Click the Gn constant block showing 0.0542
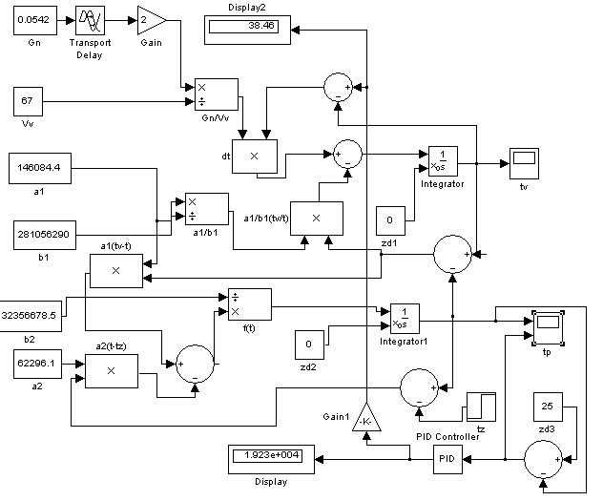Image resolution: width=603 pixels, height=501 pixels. [35, 20]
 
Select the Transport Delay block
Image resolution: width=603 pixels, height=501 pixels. [90, 20]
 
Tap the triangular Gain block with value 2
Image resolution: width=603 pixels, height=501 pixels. [152, 20]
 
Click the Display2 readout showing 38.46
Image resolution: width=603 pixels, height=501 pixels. [247, 30]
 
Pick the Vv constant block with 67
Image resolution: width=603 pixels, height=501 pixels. [28, 101]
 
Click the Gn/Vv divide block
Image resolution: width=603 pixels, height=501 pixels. [217, 95]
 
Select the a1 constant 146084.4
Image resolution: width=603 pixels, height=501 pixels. [40, 168]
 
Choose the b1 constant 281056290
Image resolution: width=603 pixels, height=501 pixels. [45, 235]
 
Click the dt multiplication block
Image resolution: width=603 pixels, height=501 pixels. [255, 157]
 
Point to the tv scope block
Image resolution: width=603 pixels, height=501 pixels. [524, 163]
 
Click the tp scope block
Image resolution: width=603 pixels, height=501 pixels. [548, 328]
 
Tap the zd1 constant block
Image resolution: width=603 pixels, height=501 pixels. [390, 220]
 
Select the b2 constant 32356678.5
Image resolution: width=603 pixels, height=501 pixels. [30, 316]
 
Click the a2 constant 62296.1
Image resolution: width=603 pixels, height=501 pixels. [38, 365]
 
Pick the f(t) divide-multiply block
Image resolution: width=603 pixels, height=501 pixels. [250, 304]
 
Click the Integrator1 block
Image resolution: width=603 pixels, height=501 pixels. [405, 319]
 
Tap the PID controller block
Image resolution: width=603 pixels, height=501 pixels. [448, 459]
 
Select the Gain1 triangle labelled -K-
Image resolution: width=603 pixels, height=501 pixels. [366, 419]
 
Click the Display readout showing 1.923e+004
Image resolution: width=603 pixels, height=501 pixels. [271, 459]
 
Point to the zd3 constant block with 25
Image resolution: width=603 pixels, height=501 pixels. [548, 407]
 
